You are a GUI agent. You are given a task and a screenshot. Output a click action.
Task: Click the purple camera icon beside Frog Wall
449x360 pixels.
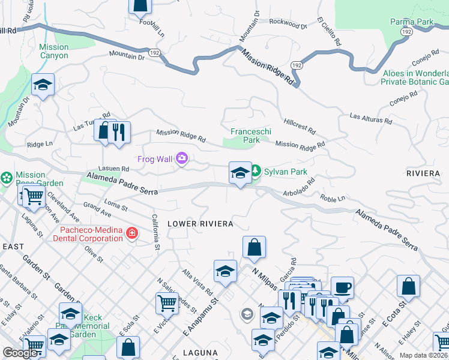(x=182, y=159)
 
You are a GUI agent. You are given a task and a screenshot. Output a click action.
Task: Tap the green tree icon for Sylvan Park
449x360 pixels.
(x=255, y=172)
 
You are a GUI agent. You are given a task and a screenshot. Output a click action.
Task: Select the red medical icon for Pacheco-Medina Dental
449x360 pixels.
(x=131, y=233)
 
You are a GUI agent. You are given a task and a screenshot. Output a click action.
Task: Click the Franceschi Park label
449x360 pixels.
(x=245, y=135)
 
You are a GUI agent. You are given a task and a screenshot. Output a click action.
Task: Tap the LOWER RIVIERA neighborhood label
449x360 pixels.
(x=200, y=224)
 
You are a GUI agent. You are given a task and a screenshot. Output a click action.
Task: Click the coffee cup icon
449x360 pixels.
(x=342, y=287)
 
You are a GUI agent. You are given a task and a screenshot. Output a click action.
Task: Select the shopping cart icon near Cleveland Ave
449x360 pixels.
(x=33, y=194)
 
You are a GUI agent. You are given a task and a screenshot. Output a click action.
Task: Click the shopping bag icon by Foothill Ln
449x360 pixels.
(x=140, y=5)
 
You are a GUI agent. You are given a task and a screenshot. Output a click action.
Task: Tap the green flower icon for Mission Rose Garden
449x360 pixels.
(x=7, y=178)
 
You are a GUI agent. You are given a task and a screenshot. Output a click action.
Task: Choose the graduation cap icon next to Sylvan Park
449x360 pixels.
(x=240, y=173)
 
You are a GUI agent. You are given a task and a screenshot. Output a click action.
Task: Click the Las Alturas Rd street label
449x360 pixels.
(x=370, y=118)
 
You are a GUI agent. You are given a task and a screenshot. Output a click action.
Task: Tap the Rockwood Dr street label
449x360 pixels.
(x=288, y=23)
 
